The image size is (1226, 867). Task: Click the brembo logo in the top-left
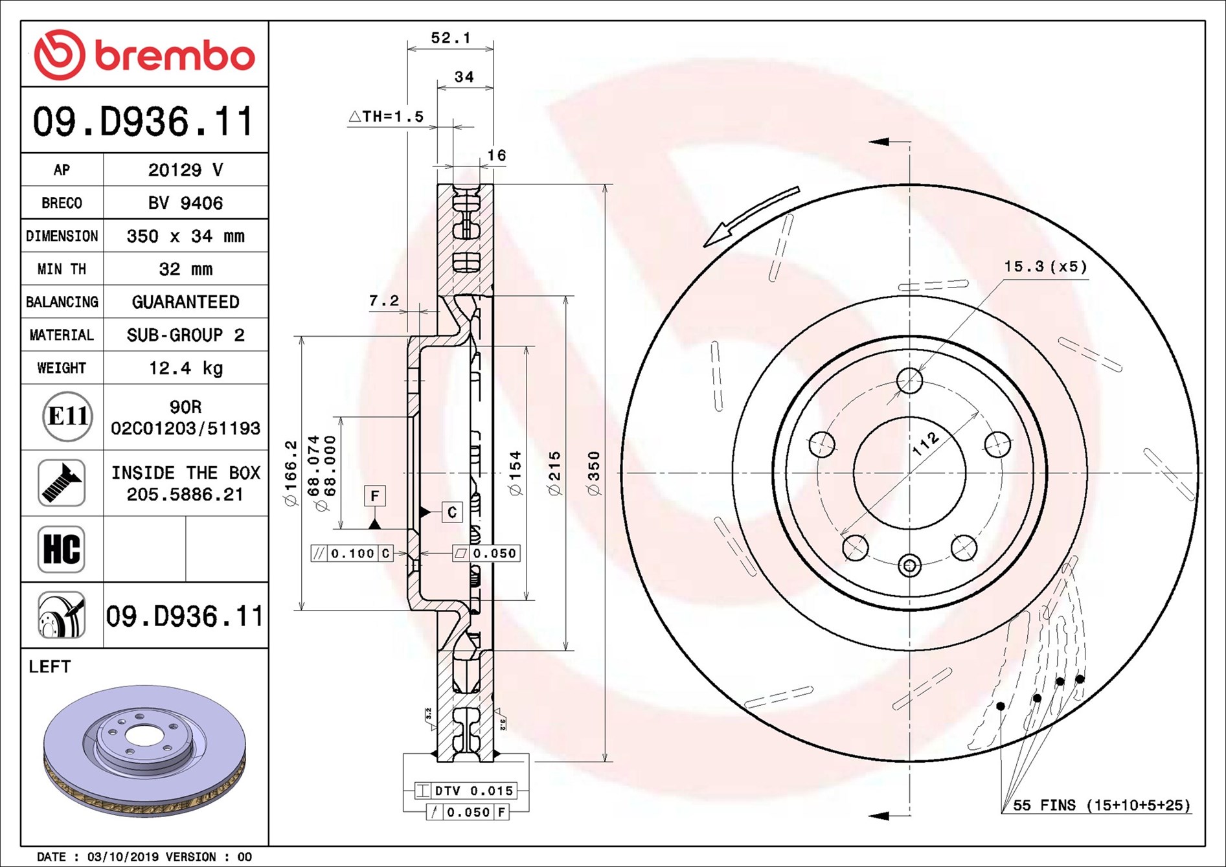click(x=144, y=54)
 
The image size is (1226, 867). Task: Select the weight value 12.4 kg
click(x=186, y=368)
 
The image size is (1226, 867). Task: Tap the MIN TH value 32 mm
click(x=186, y=269)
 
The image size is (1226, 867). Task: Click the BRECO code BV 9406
click(x=186, y=203)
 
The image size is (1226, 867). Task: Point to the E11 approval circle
click(x=67, y=416)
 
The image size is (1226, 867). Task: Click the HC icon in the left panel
click(x=62, y=549)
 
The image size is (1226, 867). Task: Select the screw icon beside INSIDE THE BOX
click(x=62, y=483)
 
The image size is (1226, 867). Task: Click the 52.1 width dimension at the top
click(x=450, y=38)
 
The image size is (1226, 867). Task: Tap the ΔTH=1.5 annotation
click(x=387, y=117)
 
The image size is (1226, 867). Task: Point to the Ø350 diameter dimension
click(x=594, y=473)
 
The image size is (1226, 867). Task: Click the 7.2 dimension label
click(x=384, y=301)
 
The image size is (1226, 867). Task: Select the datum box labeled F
click(x=374, y=497)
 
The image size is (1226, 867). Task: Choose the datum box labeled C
click(x=452, y=512)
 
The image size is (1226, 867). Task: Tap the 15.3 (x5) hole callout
click(x=1045, y=267)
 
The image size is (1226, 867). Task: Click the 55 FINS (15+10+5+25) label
click(x=1101, y=805)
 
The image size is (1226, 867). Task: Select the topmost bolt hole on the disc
click(x=910, y=381)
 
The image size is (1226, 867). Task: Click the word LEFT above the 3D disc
click(x=50, y=667)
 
